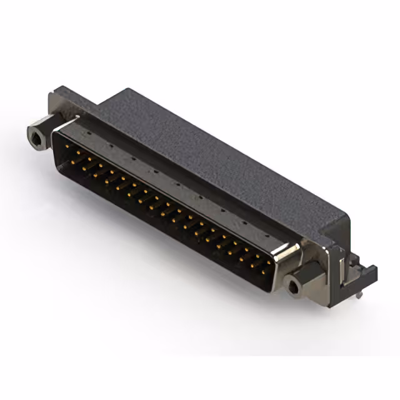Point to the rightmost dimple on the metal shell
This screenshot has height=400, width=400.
point(269,236)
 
